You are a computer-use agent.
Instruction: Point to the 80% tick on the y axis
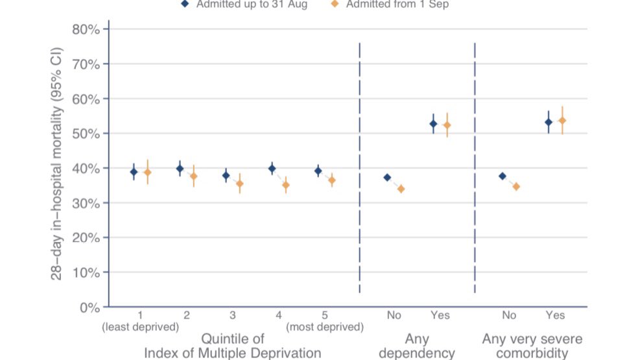click(x=85, y=29)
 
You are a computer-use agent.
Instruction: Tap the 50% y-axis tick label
click(x=85, y=134)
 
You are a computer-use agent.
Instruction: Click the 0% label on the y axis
click(x=88, y=307)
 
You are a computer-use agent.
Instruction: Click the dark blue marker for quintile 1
click(x=134, y=172)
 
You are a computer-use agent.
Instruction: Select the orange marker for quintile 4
click(x=285, y=185)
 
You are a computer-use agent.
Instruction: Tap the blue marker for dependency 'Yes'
click(x=434, y=123)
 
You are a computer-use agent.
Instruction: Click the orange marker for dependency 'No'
click(x=401, y=189)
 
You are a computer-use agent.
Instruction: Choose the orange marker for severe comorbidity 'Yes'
click(x=562, y=121)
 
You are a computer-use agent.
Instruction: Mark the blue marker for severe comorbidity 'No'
click(x=503, y=176)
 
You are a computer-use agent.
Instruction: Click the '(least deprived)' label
click(x=140, y=327)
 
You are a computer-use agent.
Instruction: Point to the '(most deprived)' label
click(x=324, y=327)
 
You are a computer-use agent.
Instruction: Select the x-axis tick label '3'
click(x=232, y=315)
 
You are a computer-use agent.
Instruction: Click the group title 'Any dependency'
click(x=416, y=346)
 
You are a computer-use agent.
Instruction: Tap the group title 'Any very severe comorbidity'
click(x=532, y=346)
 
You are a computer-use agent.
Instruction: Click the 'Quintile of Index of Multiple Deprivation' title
click(x=232, y=346)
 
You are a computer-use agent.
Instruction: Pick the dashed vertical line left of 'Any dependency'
click(x=359, y=169)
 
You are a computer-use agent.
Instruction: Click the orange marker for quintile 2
click(x=193, y=176)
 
